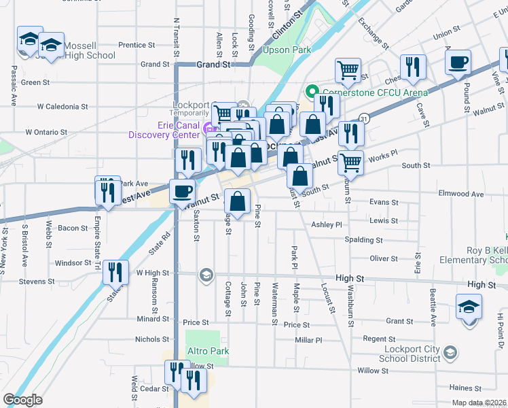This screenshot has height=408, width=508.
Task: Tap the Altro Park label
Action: click(x=208, y=352)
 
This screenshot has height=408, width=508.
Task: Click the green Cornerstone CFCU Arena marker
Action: click(x=312, y=92)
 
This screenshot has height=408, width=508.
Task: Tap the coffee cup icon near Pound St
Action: click(x=457, y=63)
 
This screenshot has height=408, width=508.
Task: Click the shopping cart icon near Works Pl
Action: click(x=350, y=162)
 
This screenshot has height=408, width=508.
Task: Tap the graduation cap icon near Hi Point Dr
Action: click(x=469, y=307)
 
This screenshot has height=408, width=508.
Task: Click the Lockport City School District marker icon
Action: click(x=451, y=353)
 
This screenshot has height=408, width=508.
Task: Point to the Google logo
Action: click(x=22, y=400)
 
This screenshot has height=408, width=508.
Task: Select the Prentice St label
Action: click(x=137, y=46)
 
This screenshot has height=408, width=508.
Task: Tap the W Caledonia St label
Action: click(x=62, y=107)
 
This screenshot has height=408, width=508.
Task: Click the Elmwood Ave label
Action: click(x=461, y=194)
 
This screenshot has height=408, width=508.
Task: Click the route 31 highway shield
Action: click(x=365, y=118)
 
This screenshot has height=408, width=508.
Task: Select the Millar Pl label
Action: click(x=308, y=339)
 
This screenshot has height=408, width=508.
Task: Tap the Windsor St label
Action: click(x=73, y=263)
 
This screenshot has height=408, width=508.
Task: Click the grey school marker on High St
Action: click(x=206, y=275)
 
